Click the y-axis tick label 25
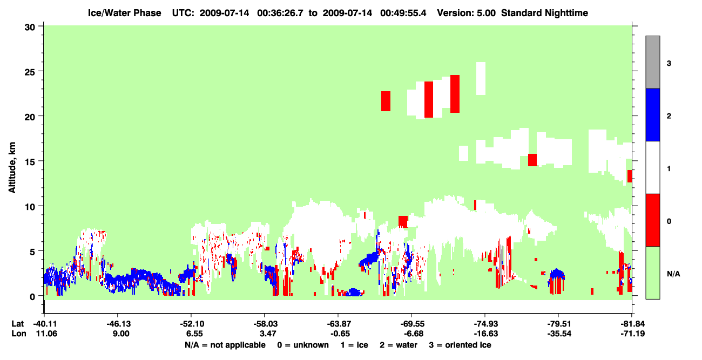point(30,72)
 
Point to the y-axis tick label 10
point(30,207)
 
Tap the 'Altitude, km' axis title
point(12,167)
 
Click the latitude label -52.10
point(192,324)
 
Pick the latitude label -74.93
point(485,324)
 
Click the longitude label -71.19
point(633,334)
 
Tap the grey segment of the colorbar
point(653,62)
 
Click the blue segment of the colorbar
point(653,114)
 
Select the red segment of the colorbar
point(653,220)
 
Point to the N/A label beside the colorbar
point(673,274)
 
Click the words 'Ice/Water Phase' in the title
point(124,13)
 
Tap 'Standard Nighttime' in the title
point(544,13)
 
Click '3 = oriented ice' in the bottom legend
point(460,345)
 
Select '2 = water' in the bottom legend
point(399,345)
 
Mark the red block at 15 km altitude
point(532,160)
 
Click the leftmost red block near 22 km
point(386,101)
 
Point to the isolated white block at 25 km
point(481,78)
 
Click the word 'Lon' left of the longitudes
point(19,334)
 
